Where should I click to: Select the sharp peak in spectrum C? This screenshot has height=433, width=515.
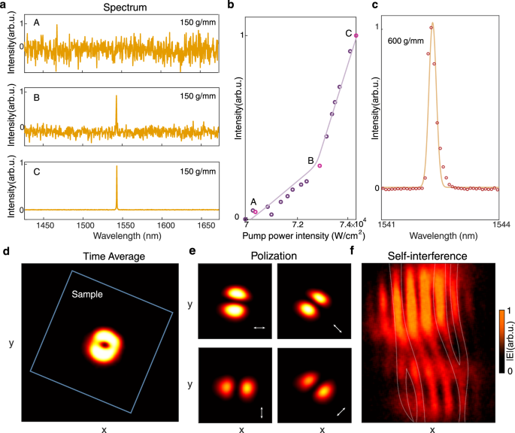pyautogui.click(x=117, y=168)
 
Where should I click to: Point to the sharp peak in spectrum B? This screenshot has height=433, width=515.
pyautogui.click(x=116, y=97)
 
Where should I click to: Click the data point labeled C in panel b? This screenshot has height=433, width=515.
pyautogui.click(x=356, y=35)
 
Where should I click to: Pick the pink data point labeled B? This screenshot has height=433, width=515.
pyautogui.click(x=320, y=165)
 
